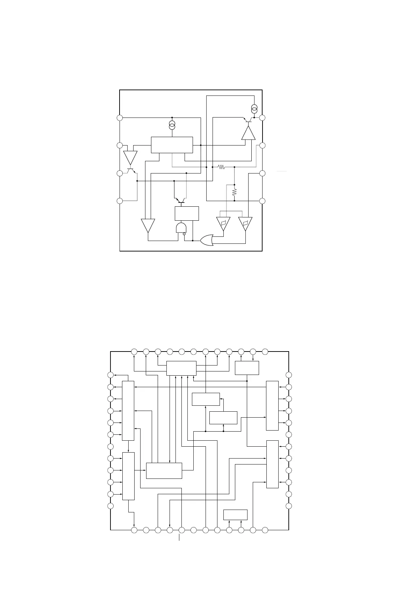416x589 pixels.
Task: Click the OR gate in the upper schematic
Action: (207, 240)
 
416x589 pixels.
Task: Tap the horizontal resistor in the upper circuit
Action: (221, 167)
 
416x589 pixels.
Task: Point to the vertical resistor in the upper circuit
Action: (234, 192)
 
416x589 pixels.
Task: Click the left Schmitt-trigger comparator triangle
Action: (223, 223)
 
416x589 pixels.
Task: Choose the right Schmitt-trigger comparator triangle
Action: (245, 223)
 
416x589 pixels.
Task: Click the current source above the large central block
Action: (172, 125)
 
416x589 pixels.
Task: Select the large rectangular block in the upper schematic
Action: (172, 145)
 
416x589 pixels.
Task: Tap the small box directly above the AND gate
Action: (187, 213)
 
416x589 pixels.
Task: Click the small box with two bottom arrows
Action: (235, 515)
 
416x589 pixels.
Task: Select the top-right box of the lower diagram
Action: (247, 368)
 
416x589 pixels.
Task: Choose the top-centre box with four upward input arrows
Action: (181, 368)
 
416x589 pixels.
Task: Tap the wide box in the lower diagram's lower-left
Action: (164, 470)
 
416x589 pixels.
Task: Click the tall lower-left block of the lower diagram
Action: (128, 476)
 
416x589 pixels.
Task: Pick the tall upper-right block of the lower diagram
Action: (272, 406)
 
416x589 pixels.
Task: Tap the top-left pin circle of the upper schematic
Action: (120, 118)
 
